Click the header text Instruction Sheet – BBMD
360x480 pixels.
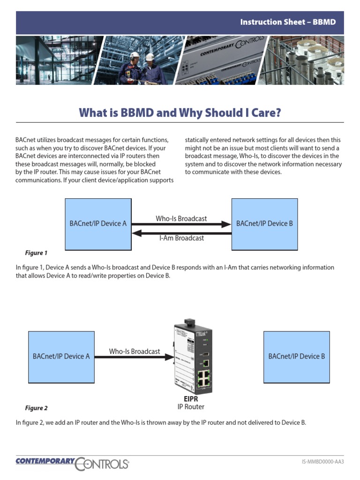tap(288, 22)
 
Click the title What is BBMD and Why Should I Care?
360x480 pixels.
tap(180, 112)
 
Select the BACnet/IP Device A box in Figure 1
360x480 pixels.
tap(98, 224)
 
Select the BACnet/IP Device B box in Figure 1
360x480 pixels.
tap(264, 224)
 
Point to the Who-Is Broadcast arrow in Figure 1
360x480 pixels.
tap(181, 225)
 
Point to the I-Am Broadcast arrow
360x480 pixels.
tap(181, 232)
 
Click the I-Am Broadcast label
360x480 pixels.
tap(181, 238)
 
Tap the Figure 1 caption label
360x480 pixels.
tap(36, 253)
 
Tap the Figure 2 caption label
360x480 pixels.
tap(36, 408)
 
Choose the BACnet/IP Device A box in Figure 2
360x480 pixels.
tap(61, 356)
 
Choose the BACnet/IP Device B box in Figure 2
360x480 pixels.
tap(296, 356)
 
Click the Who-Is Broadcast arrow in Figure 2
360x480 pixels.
tap(134, 357)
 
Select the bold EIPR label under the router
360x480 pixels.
tap(191, 399)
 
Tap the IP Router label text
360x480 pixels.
tap(191, 407)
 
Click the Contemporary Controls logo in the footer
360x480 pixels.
tap(72, 463)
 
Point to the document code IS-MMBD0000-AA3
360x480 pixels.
tap(322, 462)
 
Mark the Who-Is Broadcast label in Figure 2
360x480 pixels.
tap(135, 351)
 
